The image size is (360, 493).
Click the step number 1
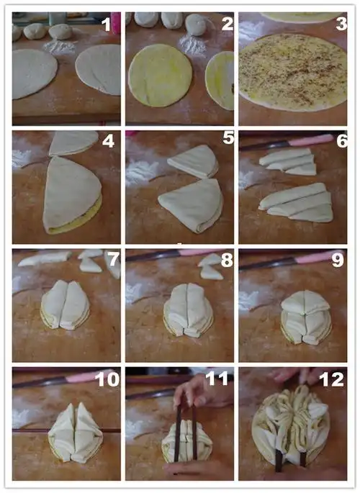click(107, 24)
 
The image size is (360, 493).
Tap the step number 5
click(228, 137)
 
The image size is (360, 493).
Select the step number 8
click(227, 261)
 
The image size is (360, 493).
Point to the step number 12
click(332, 380)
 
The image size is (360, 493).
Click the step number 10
click(107, 379)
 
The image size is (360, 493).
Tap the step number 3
click(341, 24)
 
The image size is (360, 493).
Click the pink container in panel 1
click(116, 23)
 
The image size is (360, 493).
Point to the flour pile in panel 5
click(140, 172)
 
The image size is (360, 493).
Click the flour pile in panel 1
click(60, 48)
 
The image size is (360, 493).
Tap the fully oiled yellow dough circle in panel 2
click(160, 75)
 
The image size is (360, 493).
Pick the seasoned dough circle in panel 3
click(293, 72)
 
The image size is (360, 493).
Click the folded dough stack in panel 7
click(65, 305)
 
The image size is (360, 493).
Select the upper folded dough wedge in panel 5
click(193, 161)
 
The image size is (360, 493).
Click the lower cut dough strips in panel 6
click(296, 203)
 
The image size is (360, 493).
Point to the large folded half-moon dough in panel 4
click(72, 196)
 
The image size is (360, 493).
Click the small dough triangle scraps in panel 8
click(211, 266)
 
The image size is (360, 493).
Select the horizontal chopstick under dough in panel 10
click(66, 430)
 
